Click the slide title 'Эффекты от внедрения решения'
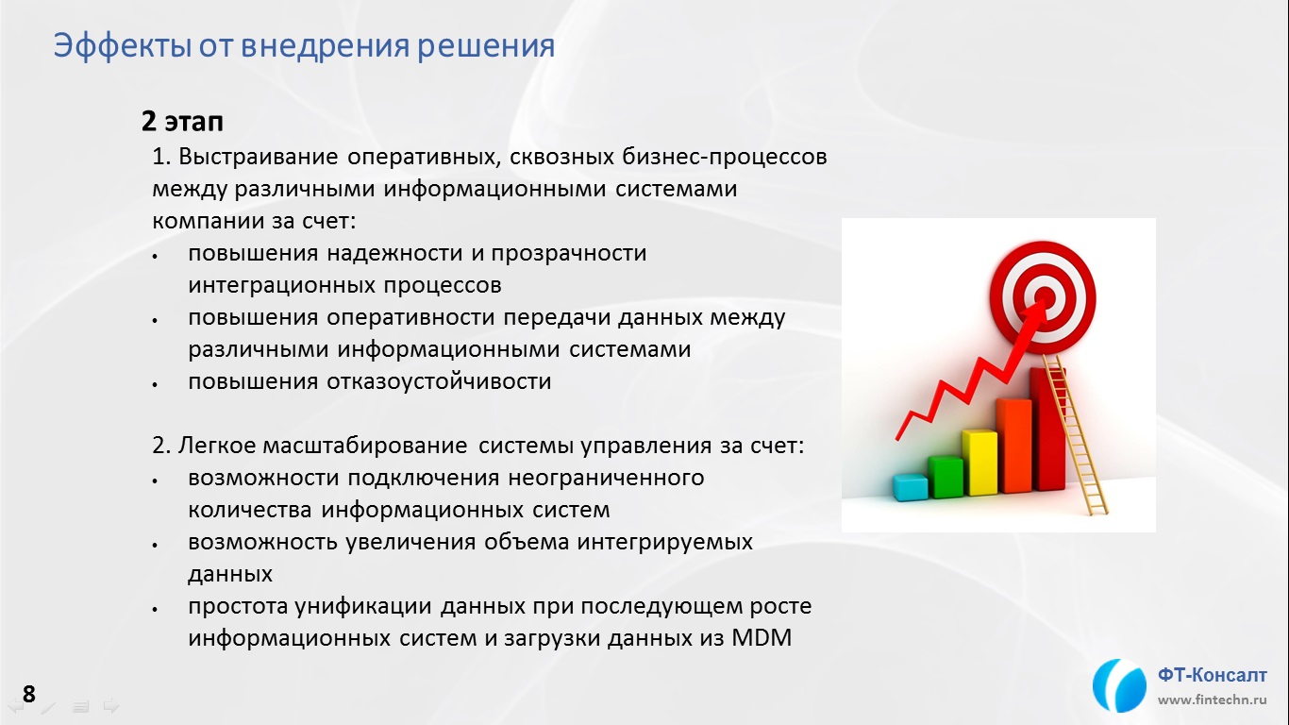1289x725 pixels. (304, 46)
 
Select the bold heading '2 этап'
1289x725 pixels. (182, 122)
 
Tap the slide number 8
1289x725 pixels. (28, 694)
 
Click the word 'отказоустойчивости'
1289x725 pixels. (439, 381)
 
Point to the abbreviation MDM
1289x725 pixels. (762, 638)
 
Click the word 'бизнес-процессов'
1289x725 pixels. (725, 157)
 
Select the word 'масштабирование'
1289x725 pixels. (365, 446)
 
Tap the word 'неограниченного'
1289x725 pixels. (606, 478)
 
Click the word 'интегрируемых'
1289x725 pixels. (664, 542)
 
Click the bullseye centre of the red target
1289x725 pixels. (1046, 297)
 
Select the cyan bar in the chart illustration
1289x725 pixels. (910, 488)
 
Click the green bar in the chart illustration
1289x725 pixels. (946, 477)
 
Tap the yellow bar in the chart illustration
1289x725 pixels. (979, 463)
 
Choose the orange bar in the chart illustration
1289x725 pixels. (1014, 446)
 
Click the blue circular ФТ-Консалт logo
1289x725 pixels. (1118, 686)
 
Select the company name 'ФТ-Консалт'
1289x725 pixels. (1212, 675)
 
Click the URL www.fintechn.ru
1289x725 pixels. (1212, 700)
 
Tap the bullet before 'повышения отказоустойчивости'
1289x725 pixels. (155, 384)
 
